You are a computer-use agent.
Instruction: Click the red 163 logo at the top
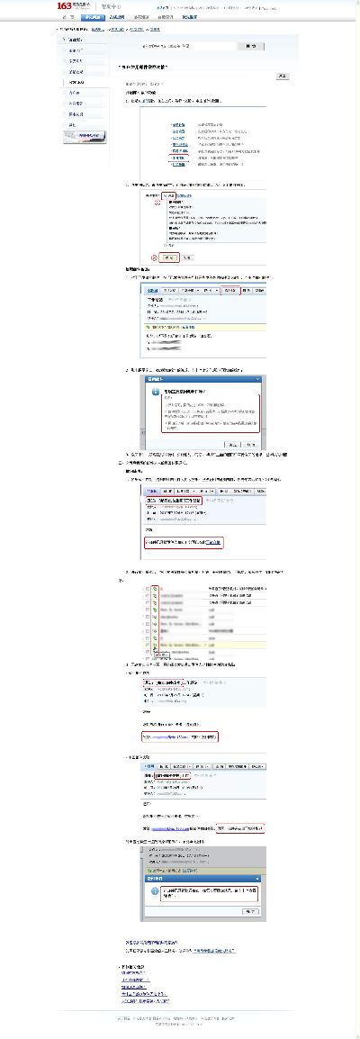(65, 6)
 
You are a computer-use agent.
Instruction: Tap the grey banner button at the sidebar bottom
(86, 137)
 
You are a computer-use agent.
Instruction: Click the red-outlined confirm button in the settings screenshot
(168, 257)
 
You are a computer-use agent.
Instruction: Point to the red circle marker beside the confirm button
(154, 257)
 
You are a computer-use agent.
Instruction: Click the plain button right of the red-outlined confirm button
(186, 257)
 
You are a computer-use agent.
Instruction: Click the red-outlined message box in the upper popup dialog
(210, 413)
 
